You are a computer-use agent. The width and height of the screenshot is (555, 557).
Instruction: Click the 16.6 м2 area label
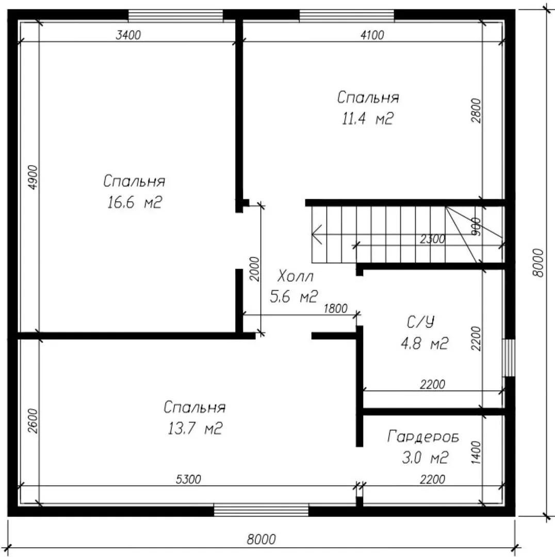pos(134,203)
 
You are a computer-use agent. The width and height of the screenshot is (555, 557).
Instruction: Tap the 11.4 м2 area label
pos(367,118)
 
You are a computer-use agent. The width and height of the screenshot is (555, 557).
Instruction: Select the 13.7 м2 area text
pos(194,429)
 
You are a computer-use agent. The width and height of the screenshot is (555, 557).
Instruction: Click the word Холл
pos(295,276)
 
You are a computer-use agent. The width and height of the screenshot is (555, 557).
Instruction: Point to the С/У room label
pos(420,322)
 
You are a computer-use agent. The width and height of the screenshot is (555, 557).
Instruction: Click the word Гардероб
pos(423,437)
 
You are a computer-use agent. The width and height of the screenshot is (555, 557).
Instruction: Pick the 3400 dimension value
pos(128,35)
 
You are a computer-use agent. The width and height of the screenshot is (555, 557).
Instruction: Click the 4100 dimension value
pos(372,35)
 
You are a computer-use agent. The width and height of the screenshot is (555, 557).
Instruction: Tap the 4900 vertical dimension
pos(32,177)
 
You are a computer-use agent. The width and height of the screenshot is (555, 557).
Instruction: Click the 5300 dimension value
pos(188,479)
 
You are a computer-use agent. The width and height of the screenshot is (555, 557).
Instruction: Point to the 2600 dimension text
pos(32,421)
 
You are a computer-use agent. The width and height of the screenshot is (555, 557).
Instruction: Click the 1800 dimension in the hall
pos(335,308)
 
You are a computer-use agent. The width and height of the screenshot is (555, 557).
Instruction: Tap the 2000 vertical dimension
pos(254,269)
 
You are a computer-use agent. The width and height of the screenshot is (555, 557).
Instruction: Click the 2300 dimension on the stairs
pos(432,239)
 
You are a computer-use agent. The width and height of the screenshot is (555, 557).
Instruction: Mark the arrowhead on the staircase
pos(316,235)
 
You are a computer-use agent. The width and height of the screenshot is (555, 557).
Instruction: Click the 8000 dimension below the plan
pos(261,539)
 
